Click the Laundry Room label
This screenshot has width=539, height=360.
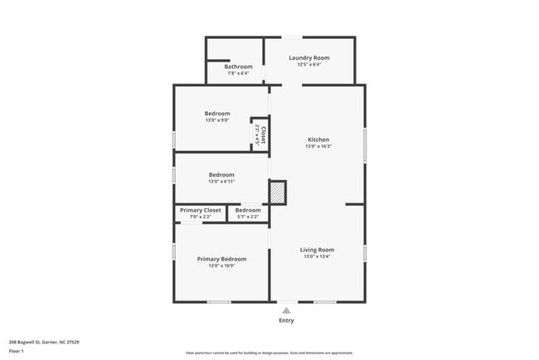pyautogui.click(x=308, y=58)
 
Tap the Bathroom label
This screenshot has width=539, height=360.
pyautogui.click(x=238, y=66)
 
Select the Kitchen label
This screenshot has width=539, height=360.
pyautogui.click(x=318, y=139)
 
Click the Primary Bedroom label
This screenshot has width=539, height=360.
pyautogui.click(x=221, y=259)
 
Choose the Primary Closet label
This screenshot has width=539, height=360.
pyautogui.click(x=201, y=210)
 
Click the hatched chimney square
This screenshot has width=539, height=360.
pyautogui.click(x=278, y=192)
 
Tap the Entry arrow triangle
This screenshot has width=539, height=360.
pyautogui.click(x=286, y=310)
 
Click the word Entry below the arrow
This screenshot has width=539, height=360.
pyautogui.click(x=286, y=320)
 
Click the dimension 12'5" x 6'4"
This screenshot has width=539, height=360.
pyautogui.click(x=308, y=65)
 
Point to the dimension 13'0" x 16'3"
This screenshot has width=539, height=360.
pyautogui.click(x=318, y=147)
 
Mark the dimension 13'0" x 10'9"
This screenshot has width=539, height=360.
pyautogui.click(x=221, y=266)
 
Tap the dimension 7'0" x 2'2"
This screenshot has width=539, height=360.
pyautogui.click(x=201, y=217)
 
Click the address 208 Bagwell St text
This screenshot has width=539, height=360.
pyautogui.click(x=44, y=341)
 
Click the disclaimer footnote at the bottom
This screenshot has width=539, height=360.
pyautogui.click(x=269, y=352)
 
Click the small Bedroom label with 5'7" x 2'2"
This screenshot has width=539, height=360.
pyautogui.click(x=248, y=210)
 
